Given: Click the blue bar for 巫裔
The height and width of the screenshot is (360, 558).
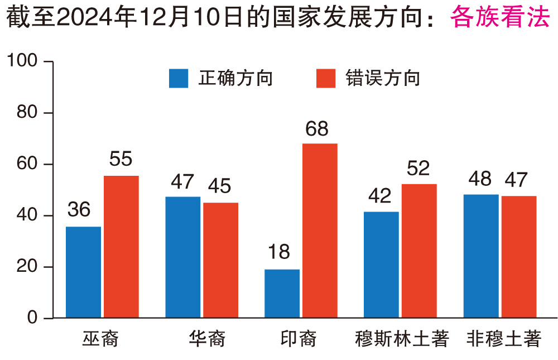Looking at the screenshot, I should (83, 272).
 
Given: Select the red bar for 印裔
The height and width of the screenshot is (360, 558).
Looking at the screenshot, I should (320, 231).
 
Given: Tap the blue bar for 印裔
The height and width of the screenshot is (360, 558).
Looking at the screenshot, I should (282, 294).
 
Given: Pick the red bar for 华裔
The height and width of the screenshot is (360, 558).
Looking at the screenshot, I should (220, 260).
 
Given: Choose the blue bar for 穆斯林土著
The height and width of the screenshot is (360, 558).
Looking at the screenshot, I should (381, 265).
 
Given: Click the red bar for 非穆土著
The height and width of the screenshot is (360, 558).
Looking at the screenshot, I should (518, 257).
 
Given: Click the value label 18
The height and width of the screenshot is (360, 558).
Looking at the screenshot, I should (278, 252).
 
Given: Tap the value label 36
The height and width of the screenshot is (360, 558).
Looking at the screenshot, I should (79, 210).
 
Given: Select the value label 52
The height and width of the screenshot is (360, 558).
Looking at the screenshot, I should (419, 168).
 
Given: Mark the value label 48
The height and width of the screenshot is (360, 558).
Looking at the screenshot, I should (480, 179).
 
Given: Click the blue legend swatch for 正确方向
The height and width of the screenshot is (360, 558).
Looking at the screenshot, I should (179, 79).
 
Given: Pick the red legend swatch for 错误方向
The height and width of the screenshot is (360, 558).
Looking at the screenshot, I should (326, 79).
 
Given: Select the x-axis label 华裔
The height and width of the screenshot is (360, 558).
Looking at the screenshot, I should (206, 339).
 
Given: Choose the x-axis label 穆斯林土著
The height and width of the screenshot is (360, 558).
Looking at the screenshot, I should (402, 339).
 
